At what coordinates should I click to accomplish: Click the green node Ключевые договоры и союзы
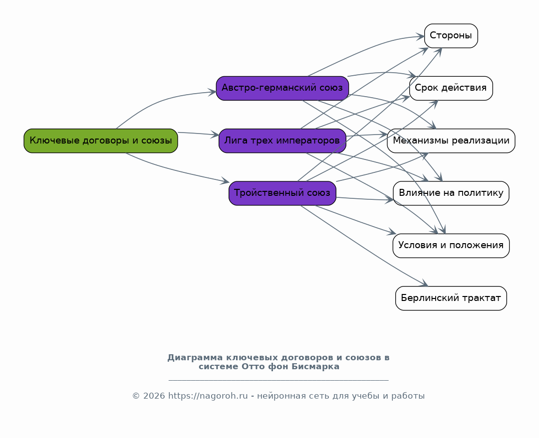(x=101, y=141)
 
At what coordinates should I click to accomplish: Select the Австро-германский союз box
(x=282, y=88)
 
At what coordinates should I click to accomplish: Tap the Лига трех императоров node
(x=282, y=141)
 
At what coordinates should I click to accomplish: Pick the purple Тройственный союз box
(x=282, y=193)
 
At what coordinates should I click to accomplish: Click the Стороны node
(x=451, y=36)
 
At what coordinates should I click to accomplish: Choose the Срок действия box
(x=451, y=88)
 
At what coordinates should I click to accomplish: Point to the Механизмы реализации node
(x=451, y=141)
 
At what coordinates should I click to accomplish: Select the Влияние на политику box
(x=451, y=193)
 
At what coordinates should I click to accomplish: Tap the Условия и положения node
(x=451, y=246)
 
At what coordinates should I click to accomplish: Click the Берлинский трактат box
(x=451, y=298)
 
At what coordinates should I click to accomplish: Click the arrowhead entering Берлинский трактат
(x=425, y=284)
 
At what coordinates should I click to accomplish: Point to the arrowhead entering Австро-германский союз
(x=213, y=92)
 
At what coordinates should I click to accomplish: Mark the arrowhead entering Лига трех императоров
(x=215, y=135)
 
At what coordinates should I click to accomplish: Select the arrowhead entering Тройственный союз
(x=226, y=181)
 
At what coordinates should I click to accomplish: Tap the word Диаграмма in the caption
(x=195, y=358)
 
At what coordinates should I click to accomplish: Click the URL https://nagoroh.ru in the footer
(x=208, y=396)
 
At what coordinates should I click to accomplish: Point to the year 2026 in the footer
(x=154, y=396)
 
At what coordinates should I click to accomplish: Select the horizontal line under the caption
(x=278, y=380)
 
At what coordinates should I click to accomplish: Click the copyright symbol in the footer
(x=136, y=396)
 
